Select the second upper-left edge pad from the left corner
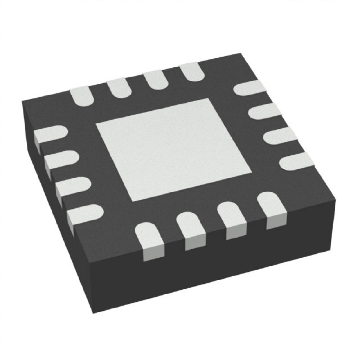(119, 88)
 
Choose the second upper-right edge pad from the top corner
(264, 111)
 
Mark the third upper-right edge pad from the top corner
(279, 136)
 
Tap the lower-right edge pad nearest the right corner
(272, 209)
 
